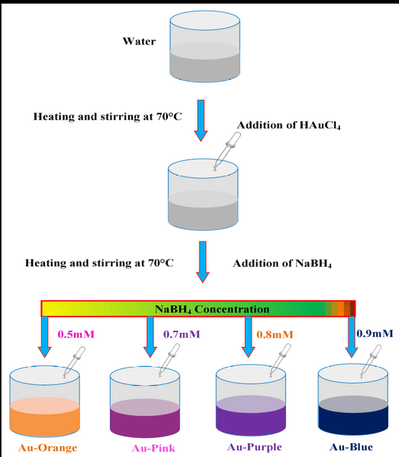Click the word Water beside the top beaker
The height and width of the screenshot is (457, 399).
click(139, 41)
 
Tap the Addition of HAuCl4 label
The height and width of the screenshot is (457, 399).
click(288, 125)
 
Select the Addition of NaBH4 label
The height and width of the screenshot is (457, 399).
click(282, 263)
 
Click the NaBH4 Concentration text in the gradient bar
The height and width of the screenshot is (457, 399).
click(212, 309)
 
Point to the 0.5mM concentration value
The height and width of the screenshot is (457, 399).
click(76, 334)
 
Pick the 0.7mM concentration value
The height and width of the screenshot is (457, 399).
click(182, 334)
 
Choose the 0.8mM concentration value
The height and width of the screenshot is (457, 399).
click(275, 334)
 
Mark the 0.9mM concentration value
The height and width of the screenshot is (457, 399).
click(375, 333)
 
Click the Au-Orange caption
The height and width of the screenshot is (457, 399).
click(47, 448)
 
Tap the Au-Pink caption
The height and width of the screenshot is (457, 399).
click(153, 448)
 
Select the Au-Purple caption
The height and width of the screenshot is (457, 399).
click(255, 447)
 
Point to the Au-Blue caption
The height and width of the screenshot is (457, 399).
click(351, 447)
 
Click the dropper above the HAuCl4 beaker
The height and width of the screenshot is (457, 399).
click(227, 151)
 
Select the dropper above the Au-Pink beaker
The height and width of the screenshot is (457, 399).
click(169, 361)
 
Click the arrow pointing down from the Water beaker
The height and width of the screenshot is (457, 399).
click(201, 121)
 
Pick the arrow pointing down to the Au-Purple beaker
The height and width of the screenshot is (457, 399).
click(248, 337)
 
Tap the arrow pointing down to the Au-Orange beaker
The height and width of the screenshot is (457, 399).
click(44, 337)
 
